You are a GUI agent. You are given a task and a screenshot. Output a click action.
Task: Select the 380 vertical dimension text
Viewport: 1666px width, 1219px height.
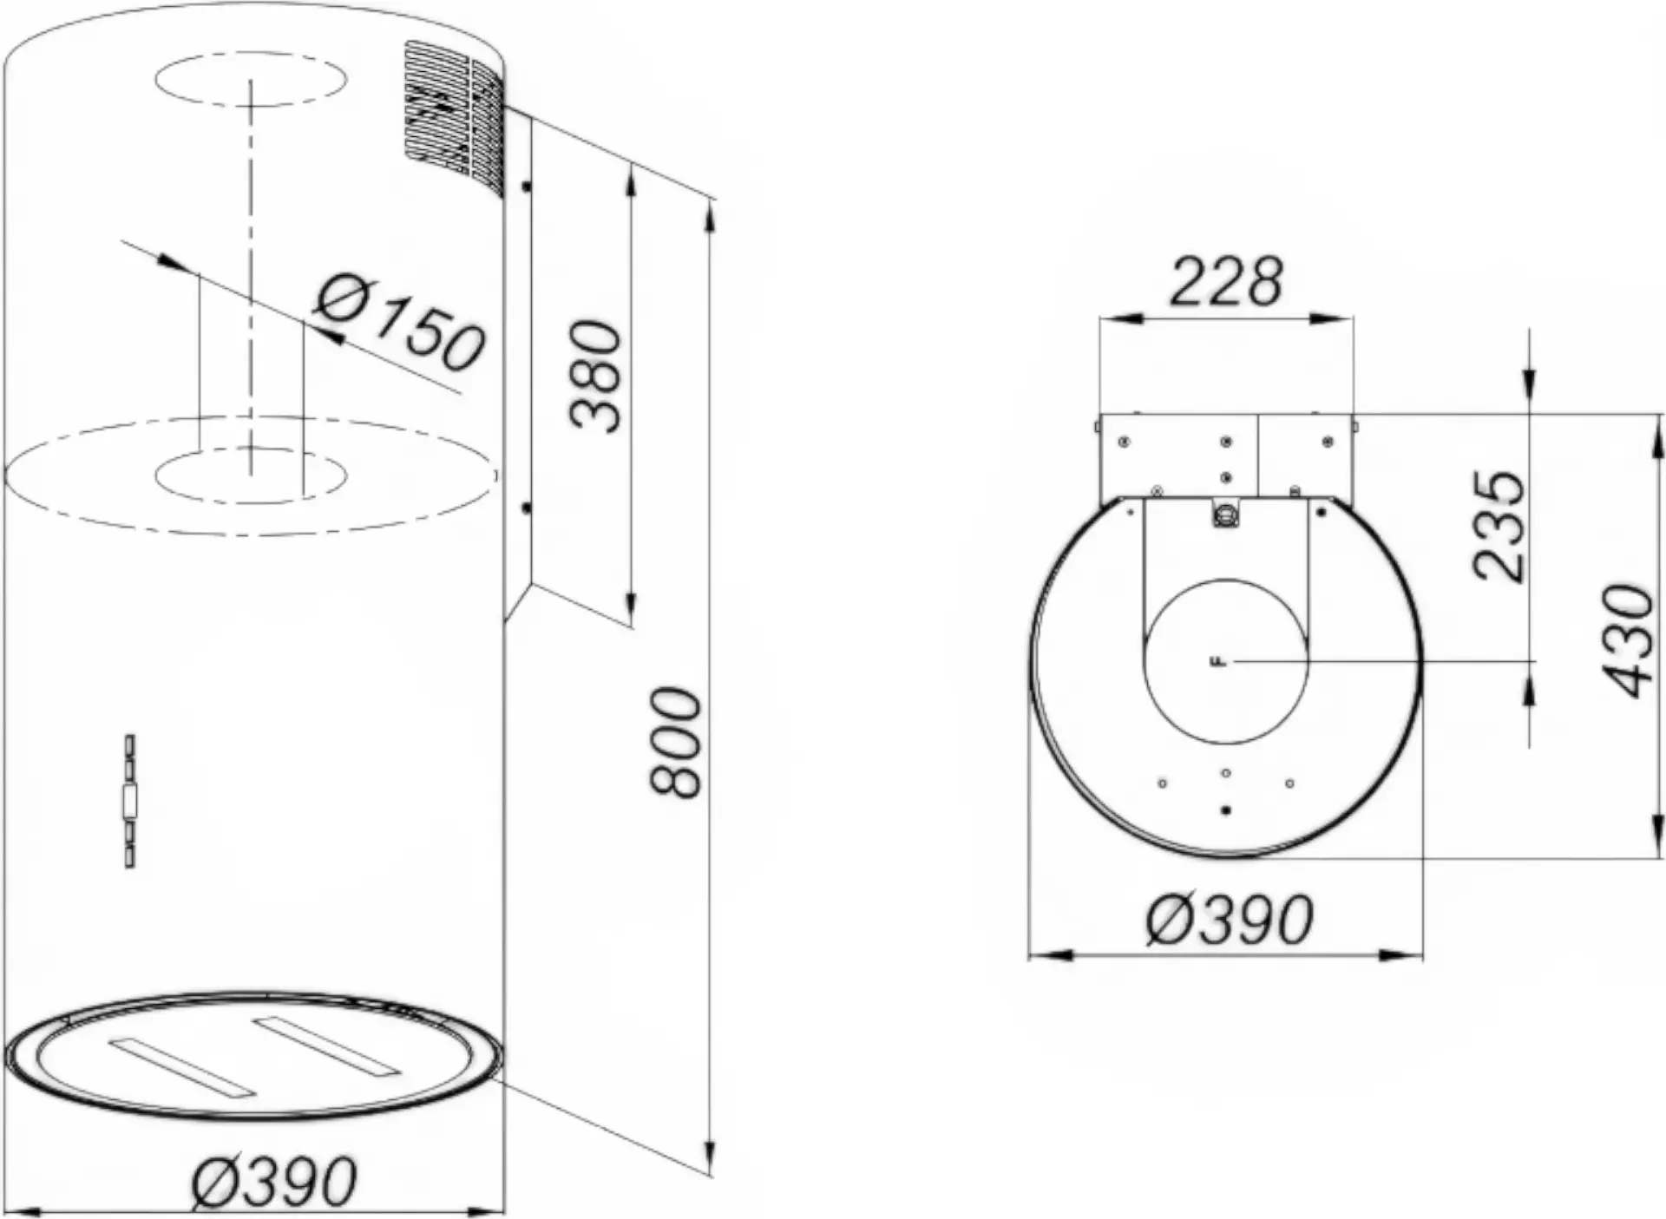[597, 376]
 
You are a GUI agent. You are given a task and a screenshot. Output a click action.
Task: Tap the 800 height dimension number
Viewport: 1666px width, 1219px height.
[675, 742]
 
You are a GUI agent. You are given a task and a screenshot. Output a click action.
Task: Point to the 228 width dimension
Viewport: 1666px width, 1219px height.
[1225, 281]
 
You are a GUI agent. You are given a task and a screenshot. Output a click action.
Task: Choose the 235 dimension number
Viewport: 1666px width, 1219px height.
[1499, 526]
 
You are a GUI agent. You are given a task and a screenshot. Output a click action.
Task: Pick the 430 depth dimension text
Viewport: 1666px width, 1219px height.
[1629, 641]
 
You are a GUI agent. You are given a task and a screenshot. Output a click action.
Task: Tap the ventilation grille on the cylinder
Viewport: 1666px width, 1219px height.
[454, 118]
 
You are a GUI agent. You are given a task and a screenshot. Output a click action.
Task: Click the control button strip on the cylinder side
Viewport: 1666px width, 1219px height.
[130, 801]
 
